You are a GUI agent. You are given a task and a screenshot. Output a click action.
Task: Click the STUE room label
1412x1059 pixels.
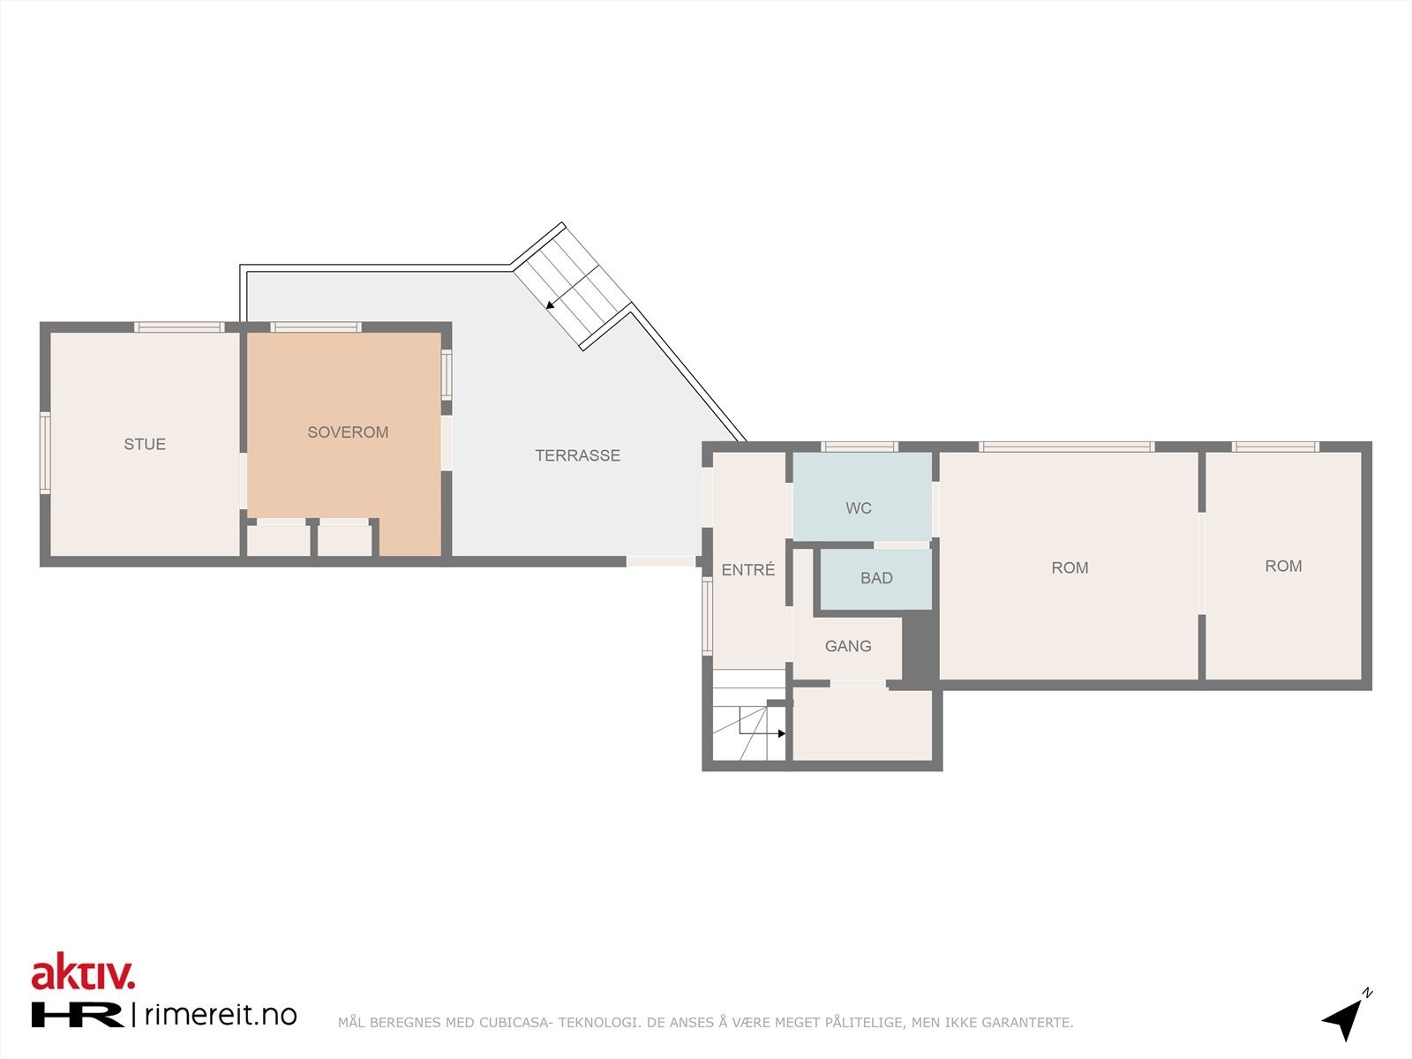click(x=145, y=444)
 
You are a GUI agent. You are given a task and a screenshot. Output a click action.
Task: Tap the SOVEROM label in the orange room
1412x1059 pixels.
click(x=348, y=432)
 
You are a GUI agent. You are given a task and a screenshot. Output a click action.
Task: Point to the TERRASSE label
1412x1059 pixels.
click(x=577, y=455)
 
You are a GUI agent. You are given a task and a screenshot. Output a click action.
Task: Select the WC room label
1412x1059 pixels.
click(x=858, y=507)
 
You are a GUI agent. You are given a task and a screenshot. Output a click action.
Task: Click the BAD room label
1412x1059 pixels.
click(x=876, y=578)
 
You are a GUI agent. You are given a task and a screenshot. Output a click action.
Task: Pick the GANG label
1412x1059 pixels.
click(x=848, y=646)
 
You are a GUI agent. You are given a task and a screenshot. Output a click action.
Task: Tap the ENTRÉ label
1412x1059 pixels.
click(x=747, y=570)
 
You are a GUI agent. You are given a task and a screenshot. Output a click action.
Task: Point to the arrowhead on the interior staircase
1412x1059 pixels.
click(x=781, y=733)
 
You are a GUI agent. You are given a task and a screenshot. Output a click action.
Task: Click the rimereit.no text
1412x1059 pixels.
click(x=220, y=1015)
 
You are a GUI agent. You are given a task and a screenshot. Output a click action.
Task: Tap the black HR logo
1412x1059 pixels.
click(x=77, y=1015)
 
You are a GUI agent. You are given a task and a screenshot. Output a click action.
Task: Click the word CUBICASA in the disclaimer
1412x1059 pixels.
click(x=515, y=1023)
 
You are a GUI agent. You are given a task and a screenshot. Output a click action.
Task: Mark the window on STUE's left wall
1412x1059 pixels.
click(x=45, y=453)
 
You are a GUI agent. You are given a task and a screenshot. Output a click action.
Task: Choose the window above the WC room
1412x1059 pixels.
click(x=859, y=447)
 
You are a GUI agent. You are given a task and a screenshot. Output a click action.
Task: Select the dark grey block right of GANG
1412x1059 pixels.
click(x=920, y=648)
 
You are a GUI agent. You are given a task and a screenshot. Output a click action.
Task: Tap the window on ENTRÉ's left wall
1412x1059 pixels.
click(x=707, y=616)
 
